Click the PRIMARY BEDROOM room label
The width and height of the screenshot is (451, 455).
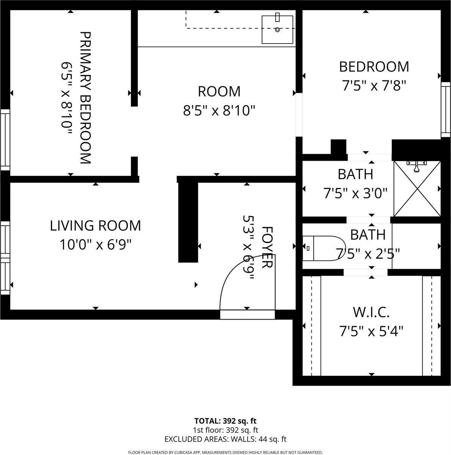85,97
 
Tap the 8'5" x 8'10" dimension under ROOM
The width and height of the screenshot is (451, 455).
219,111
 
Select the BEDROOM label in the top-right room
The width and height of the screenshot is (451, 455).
374,67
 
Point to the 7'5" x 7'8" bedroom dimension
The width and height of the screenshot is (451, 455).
374,86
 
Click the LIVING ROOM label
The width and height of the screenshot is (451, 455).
95,226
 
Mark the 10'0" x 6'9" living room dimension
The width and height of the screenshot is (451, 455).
95,245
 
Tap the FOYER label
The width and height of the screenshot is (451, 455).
267,247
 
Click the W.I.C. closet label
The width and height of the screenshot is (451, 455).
371,313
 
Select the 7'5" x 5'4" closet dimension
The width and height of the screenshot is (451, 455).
371,332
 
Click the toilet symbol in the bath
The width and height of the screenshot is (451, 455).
322,248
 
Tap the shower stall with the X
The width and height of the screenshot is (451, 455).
417,188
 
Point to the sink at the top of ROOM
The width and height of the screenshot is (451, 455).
277,30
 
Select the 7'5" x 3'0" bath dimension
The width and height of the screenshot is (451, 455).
355,193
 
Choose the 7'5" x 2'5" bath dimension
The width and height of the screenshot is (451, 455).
368,253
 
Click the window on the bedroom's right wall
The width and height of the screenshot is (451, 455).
446,109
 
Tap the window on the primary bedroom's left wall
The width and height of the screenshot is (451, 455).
5,140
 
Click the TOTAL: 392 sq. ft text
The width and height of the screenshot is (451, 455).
225,421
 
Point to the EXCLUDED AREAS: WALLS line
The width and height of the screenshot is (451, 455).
225,439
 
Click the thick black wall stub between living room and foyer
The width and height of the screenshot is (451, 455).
188,222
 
